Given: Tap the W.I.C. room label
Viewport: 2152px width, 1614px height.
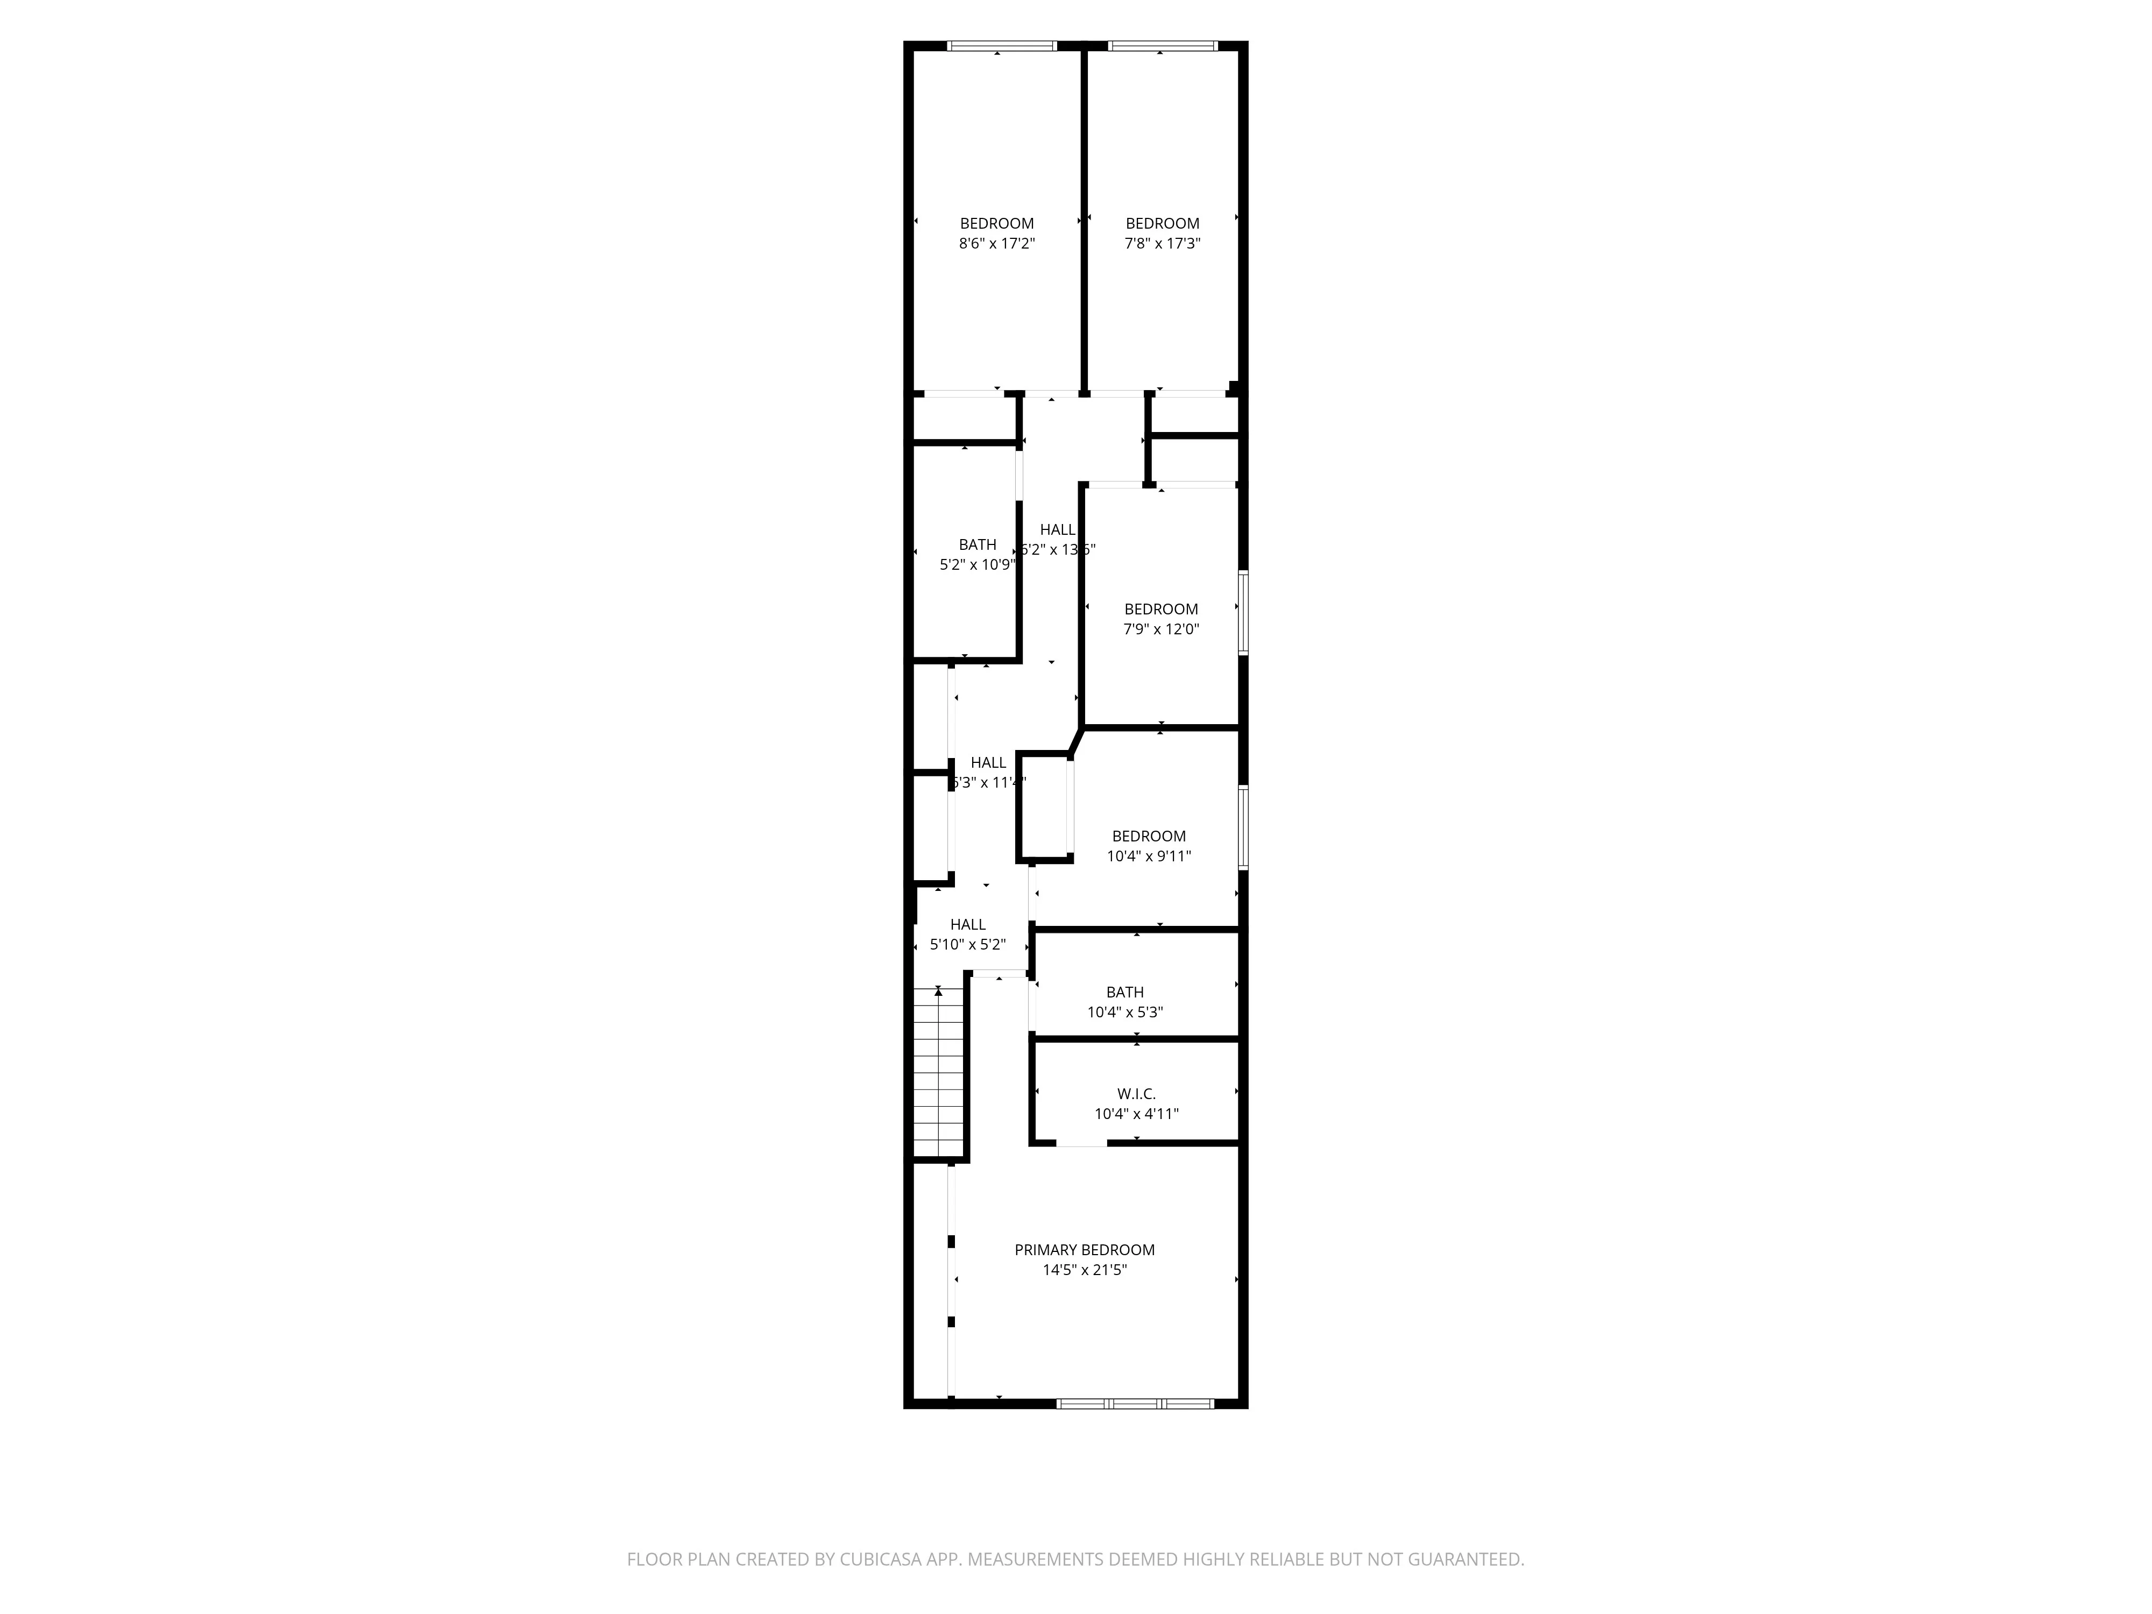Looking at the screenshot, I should click(1136, 1094).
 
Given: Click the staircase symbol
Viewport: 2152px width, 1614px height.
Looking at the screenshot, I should click(939, 1070).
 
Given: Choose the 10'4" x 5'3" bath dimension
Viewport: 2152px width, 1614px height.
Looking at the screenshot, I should click(1124, 1012).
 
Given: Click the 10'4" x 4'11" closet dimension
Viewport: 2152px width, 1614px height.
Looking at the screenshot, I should click(1136, 1114).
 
